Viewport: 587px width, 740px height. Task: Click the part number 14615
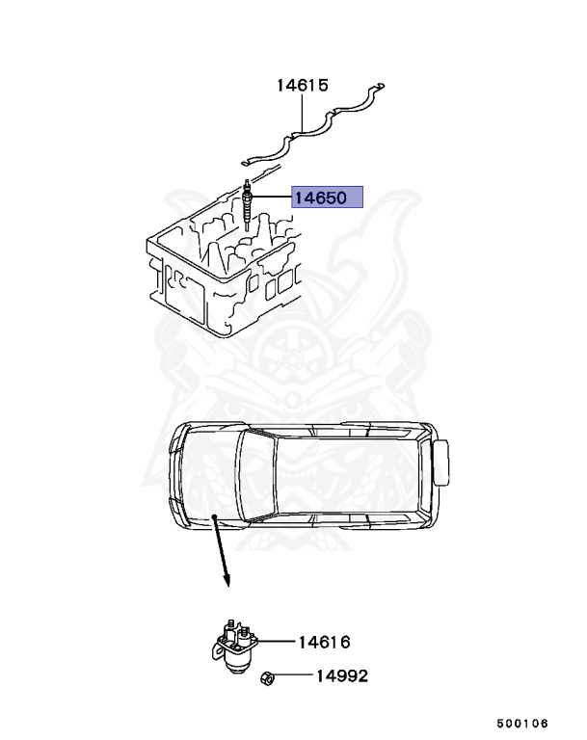click(x=302, y=85)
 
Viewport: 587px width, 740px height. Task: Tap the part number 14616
click(x=323, y=642)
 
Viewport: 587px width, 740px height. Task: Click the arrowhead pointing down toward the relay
click(x=227, y=581)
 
